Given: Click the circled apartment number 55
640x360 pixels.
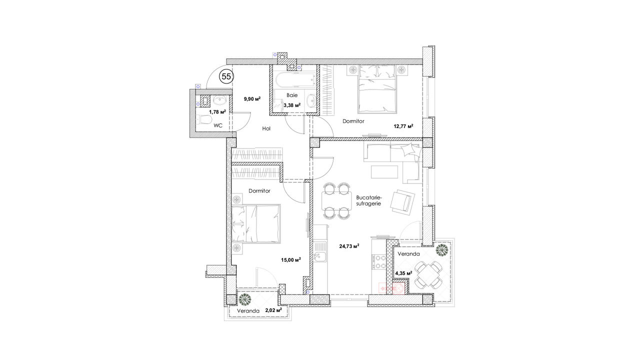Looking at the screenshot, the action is (x=226, y=76).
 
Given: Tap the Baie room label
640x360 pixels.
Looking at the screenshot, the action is (x=292, y=95).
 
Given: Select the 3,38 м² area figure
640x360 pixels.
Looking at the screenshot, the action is (x=292, y=105).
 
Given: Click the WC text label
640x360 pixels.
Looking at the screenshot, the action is (x=218, y=125).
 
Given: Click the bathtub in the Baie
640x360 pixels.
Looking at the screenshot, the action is (x=295, y=79).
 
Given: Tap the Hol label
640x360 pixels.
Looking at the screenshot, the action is (x=266, y=128).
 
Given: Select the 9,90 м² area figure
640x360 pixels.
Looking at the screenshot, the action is (x=252, y=99).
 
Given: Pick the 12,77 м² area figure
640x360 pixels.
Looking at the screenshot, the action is (x=403, y=126).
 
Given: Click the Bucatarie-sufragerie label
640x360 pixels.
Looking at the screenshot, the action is (x=369, y=200).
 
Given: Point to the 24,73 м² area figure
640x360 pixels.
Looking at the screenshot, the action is (x=349, y=246).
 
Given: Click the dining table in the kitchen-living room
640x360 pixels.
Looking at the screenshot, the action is (x=337, y=201).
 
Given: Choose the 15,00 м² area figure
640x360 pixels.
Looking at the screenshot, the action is (x=291, y=260).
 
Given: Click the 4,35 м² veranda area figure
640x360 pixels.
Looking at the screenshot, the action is (x=403, y=273).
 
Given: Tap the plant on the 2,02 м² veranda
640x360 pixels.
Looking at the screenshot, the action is (x=245, y=299).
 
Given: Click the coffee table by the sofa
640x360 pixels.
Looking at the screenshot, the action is (x=384, y=171).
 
